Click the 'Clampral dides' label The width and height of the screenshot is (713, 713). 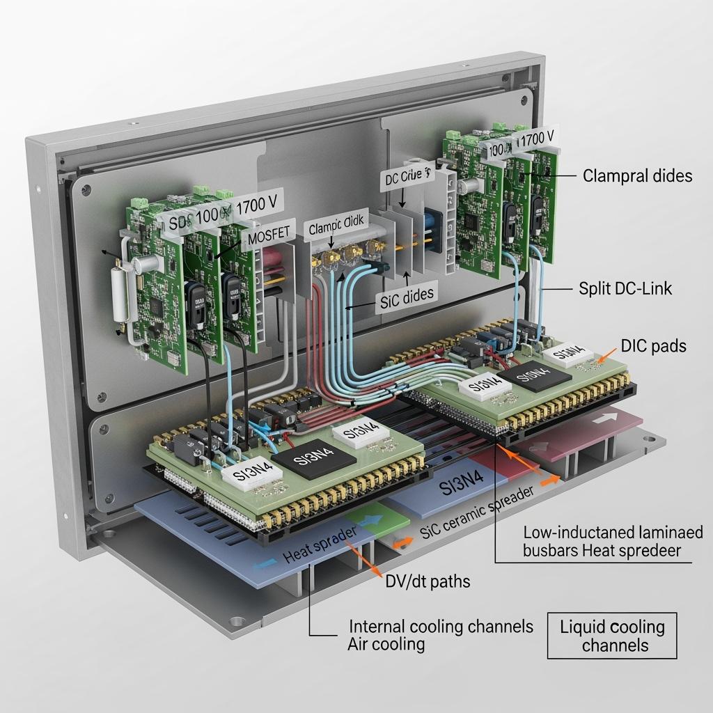coord(637,175)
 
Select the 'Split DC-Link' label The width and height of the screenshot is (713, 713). coord(625,288)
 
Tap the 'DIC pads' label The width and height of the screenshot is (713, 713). coord(652,345)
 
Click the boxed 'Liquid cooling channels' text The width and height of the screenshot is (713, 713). coord(612,636)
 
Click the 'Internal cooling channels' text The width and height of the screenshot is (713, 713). coord(441,626)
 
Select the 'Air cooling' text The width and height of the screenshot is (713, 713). coord(386,643)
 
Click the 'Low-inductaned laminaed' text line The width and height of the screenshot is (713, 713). coord(613,533)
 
